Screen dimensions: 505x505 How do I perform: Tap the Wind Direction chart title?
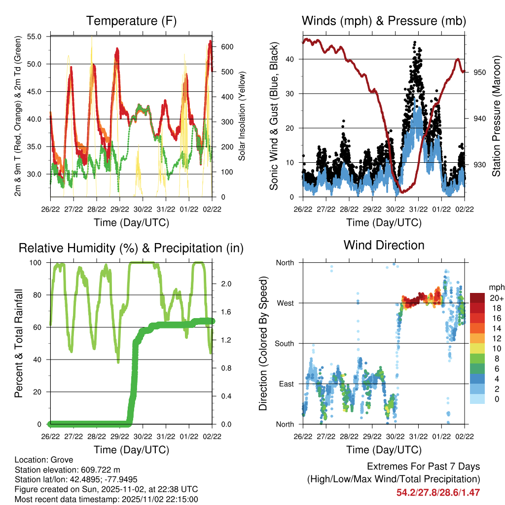coord(384,245)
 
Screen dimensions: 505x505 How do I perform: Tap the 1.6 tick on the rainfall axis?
coord(225,312)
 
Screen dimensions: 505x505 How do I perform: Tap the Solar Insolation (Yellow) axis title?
coord(242,115)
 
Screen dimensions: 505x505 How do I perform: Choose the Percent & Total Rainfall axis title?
coord(19,344)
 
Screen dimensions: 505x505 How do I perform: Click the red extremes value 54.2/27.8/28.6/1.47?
coord(438,492)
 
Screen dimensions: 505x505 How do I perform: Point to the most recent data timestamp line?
coord(107,499)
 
